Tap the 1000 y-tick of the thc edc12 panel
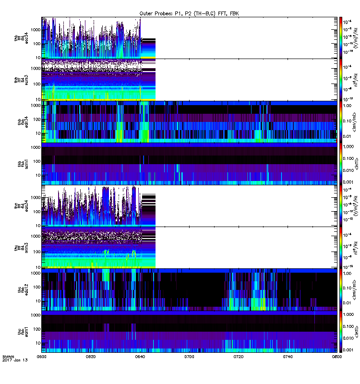pyautogui.click(x=35, y=273)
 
